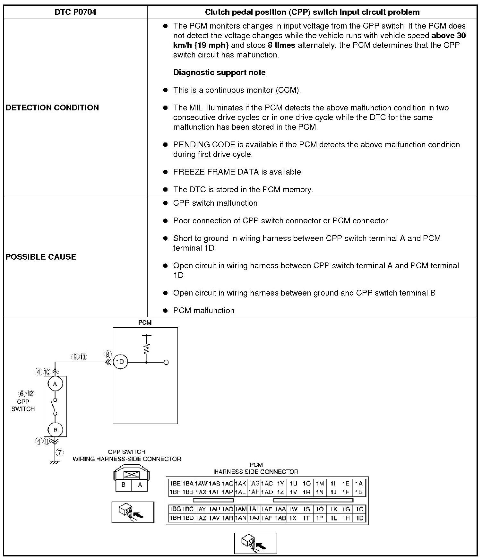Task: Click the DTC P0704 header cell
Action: click(75, 12)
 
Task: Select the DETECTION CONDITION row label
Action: click(52, 107)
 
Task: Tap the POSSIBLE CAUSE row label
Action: click(41, 257)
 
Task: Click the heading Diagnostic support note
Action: click(219, 73)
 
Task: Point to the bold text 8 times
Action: click(281, 45)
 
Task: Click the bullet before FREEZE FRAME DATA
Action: click(166, 172)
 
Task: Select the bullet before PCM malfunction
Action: click(166, 311)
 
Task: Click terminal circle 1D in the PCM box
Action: click(120, 362)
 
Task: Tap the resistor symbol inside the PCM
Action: click(147, 348)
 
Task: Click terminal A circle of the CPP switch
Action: click(55, 384)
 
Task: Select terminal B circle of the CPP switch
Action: click(55, 430)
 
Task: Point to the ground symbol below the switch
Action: click(55, 462)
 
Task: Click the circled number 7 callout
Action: click(60, 453)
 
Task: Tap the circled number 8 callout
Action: click(108, 355)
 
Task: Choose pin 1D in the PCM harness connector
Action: click(359, 518)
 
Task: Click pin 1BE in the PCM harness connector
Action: click(176, 484)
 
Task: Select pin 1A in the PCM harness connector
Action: click(359, 484)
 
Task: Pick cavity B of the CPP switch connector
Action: click(124, 485)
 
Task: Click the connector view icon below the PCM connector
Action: click(255, 543)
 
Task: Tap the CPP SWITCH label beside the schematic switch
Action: click(23, 405)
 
